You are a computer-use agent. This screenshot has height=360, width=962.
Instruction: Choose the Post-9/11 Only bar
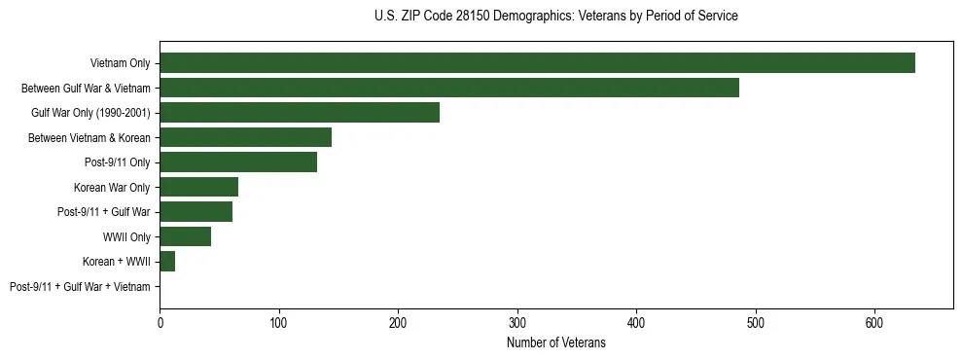pyautogui.click(x=238, y=162)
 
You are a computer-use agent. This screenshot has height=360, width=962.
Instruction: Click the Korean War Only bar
pyautogui.click(x=198, y=187)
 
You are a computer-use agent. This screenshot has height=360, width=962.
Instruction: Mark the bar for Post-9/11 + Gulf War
pyautogui.click(x=196, y=212)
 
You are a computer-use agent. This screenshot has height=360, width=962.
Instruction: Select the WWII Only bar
pyautogui.click(x=185, y=236)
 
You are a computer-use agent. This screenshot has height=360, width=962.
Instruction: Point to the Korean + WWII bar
pyautogui.click(x=167, y=262)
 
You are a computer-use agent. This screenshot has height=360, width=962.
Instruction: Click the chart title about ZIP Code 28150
pyautogui.click(x=555, y=17)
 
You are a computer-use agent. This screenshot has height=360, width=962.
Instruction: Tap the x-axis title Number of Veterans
pyautogui.click(x=555, y=343)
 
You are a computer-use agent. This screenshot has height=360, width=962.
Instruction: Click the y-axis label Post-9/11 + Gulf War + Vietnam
pyautogui.click(x=80, y=287)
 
